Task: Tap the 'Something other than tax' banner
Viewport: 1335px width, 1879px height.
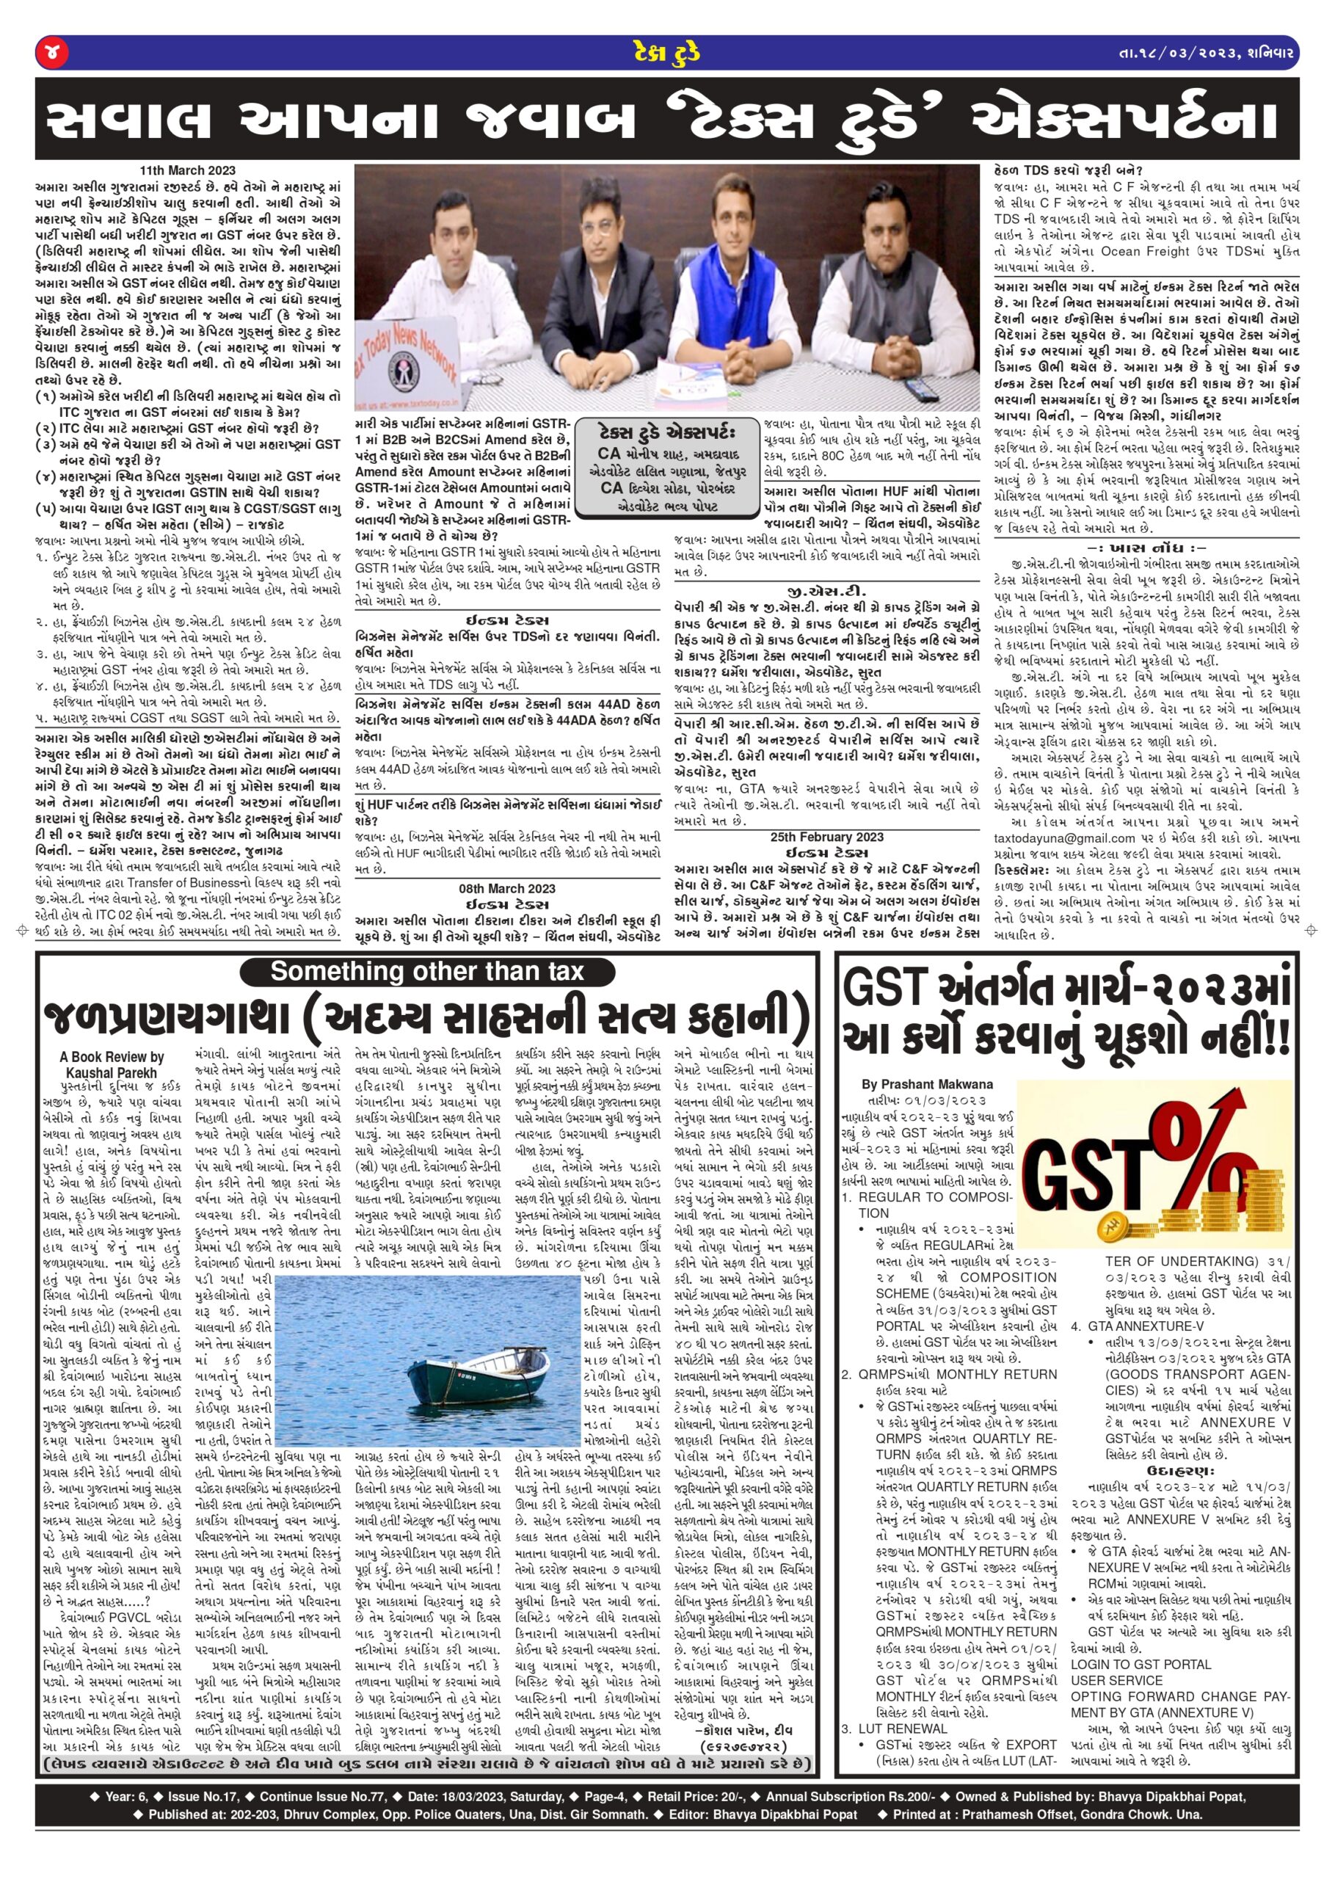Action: [426, 972]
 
